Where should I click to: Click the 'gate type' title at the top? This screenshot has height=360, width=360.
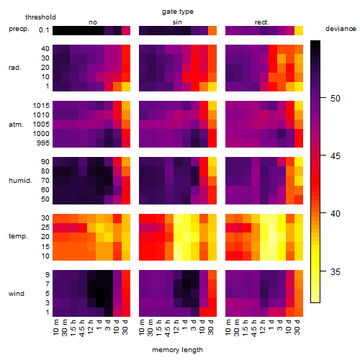pos(178,12)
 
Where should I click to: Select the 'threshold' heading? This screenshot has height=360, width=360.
pos(40,17)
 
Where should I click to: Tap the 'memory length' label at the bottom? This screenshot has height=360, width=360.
pos(178,350)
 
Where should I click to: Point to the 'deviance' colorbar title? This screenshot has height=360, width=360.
pos(341,29)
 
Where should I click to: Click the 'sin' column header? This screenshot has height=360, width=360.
pos(177,22)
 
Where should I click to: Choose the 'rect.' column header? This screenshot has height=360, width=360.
pos(262,22)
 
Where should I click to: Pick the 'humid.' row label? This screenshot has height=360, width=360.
pos(20,181)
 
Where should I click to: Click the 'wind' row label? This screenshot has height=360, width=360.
pos(17,294)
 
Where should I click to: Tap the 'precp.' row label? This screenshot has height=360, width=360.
pos(19,29)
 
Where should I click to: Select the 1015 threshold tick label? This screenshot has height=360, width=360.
pos(41,105)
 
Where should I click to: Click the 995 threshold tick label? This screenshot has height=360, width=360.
pos(43,143)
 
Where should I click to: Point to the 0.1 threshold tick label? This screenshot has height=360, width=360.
pos(44,30)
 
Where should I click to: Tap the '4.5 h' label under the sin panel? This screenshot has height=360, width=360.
pos(168,328)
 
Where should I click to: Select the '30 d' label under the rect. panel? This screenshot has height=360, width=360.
pos(297,327)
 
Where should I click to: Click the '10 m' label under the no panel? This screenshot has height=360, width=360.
pos(55,328)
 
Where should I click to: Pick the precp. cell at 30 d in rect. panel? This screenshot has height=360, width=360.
pos(299,30)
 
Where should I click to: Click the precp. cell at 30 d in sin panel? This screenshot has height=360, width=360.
pos(212,30)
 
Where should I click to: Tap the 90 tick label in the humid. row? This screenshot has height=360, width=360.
pos(45,162)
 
